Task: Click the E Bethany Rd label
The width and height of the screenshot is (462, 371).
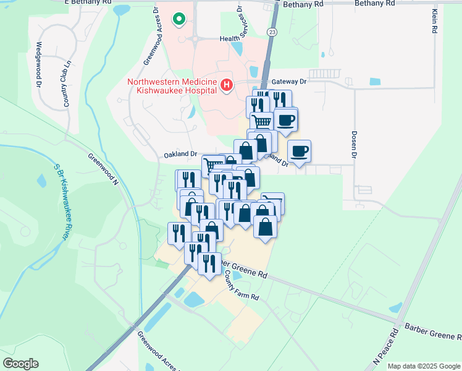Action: click(x=88, y=3)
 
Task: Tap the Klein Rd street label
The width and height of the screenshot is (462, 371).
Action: click(x=435, y=20)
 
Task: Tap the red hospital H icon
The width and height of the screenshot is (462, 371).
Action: click(x=227, y=86)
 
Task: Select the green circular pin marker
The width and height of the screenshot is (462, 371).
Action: click(x=179, y=20)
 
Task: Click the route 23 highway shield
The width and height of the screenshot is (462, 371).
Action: click(x=272, y=31)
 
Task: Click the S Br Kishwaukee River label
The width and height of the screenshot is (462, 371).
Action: click(x=61, y=202)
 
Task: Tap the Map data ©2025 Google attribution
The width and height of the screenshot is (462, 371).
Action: click(x=424, y=366)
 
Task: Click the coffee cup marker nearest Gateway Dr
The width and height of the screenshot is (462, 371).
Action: click(x=286, y=119)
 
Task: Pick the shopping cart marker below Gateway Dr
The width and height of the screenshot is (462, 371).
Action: click(x=261, y=122)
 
